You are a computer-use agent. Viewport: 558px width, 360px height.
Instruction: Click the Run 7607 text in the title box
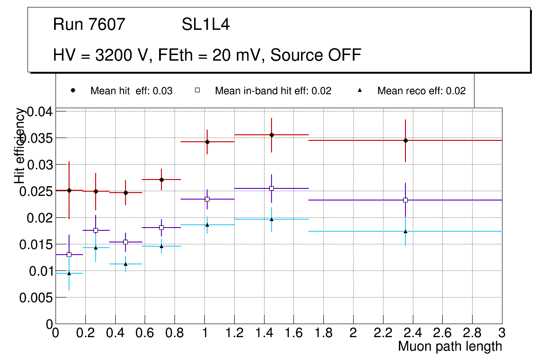[x=89, y=25]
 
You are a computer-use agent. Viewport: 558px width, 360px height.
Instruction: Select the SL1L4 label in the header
[x=206, y=25]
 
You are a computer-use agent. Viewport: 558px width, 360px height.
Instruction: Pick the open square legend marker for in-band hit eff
[x=197, y=90]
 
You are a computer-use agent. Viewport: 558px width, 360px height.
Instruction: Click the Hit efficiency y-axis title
[x=20, y=145]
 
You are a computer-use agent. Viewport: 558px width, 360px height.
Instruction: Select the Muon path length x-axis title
[x=450, y=346]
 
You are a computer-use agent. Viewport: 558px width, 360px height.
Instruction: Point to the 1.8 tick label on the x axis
[x=323, y=333]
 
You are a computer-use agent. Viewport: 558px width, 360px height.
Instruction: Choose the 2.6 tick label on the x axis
[x=442, y=333]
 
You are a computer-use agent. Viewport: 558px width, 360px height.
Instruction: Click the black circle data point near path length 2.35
[x=405, y=140]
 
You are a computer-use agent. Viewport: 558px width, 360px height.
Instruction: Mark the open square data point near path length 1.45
[x=272, y=188]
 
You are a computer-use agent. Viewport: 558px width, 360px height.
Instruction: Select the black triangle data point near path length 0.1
[x=69, y=273]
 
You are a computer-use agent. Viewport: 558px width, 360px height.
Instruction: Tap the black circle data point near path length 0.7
[x=161, y=180]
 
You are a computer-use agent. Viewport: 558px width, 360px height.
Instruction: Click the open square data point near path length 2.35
[x=405, y=200]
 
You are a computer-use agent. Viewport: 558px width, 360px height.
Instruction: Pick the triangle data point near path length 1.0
[x=207, y=225]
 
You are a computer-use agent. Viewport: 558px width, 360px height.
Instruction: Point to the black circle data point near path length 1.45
[x=272, y=135]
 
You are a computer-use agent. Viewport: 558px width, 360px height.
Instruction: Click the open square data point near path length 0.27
[x=96, y=230]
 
